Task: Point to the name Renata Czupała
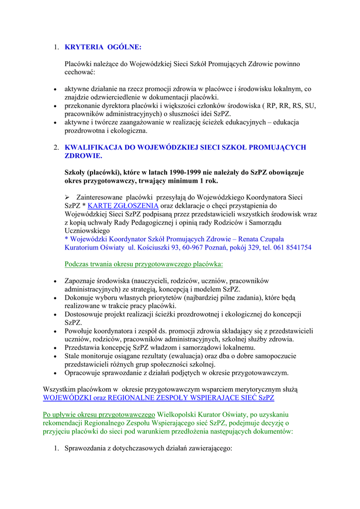(x=261, y=239)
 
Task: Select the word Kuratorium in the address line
(x=83, y=248)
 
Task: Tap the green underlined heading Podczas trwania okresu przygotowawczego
(x=144, y=264)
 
